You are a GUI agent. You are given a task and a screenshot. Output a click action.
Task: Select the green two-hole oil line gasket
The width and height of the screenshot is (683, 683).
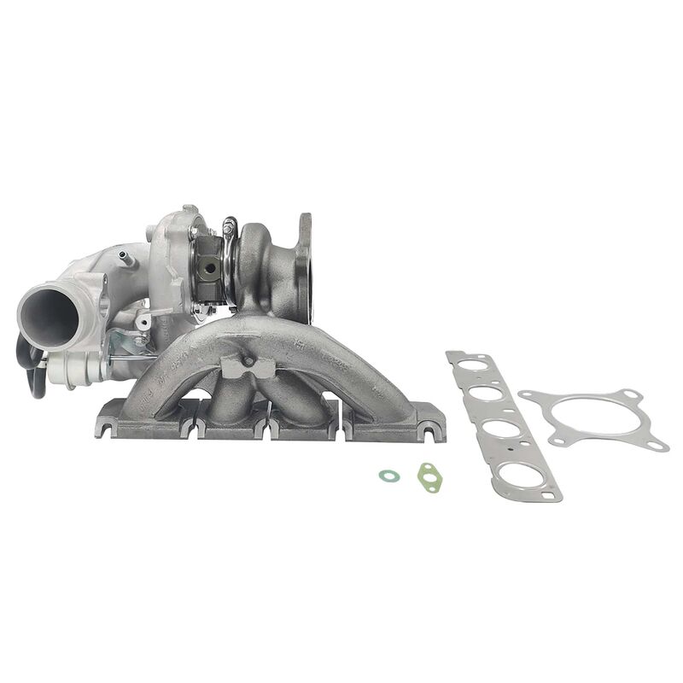tap(428, 476)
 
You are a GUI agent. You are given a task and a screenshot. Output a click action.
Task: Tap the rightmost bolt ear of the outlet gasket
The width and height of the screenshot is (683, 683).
tap(657, 445)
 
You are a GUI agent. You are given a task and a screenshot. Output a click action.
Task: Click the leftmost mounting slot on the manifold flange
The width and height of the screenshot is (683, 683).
tap(103, 427)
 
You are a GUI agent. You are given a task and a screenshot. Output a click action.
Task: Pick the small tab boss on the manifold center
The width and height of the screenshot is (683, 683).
tap(248, 364)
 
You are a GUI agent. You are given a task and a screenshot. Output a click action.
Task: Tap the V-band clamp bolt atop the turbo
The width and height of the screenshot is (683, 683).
tap(229, 228)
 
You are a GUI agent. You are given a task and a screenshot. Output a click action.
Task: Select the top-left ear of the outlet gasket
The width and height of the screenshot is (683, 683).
tap(527, 395)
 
